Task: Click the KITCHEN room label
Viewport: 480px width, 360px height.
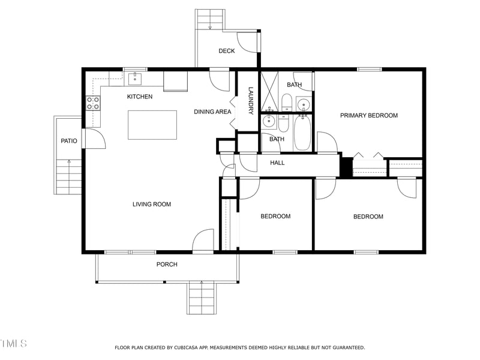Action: point(139,97)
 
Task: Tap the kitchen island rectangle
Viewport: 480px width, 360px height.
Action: point(152,125)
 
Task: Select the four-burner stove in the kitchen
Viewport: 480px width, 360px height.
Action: point(93,103)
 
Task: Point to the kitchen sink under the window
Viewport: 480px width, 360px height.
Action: point(136,78)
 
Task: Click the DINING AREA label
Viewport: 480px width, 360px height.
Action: point(212,112)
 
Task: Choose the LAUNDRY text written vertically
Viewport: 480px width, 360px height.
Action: point(251,100)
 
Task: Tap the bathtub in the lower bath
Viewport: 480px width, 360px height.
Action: point(301,133)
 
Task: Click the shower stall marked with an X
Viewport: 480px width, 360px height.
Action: point(269,92)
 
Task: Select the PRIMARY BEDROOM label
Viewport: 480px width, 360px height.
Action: point(368,115)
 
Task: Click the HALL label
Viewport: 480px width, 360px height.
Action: point(277,163)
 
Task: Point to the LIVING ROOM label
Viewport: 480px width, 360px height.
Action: point(152,205)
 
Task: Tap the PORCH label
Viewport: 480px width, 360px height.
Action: point(167,265)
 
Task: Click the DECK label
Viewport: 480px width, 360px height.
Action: point(226,51)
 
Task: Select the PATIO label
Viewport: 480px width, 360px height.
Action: point(69,141)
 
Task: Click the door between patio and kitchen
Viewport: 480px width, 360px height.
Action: point(94,138)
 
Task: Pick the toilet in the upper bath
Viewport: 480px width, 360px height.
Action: point(287,102)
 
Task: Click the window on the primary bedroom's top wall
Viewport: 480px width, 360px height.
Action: point(369,70)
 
